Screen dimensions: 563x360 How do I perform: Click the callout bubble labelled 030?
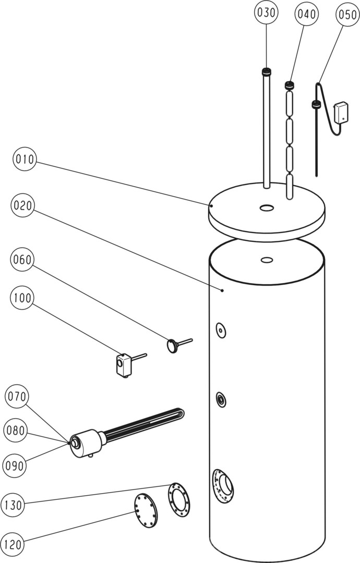click(267, 12)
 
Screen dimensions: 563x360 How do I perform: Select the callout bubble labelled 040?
click(306, 15)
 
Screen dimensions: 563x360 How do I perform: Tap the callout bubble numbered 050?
click(347, 15)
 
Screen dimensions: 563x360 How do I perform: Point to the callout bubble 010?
click(25, 160)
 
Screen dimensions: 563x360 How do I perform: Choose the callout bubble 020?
click(23, 205)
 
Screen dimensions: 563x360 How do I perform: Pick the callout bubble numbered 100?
click(23, 298)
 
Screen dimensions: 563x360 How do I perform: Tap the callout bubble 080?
click(16, 431)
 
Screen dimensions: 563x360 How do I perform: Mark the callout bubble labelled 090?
click(15, 466)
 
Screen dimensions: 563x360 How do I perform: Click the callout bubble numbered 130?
click(14, 505)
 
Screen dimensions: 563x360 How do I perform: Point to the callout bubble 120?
click(14, 545)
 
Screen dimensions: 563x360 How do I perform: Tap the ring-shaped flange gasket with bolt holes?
click(179, 499)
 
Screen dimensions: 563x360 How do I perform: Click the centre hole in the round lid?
click(267, 209)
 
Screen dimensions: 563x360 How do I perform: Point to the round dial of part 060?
click(172, 345)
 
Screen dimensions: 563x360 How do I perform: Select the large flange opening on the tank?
click(225, 485)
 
